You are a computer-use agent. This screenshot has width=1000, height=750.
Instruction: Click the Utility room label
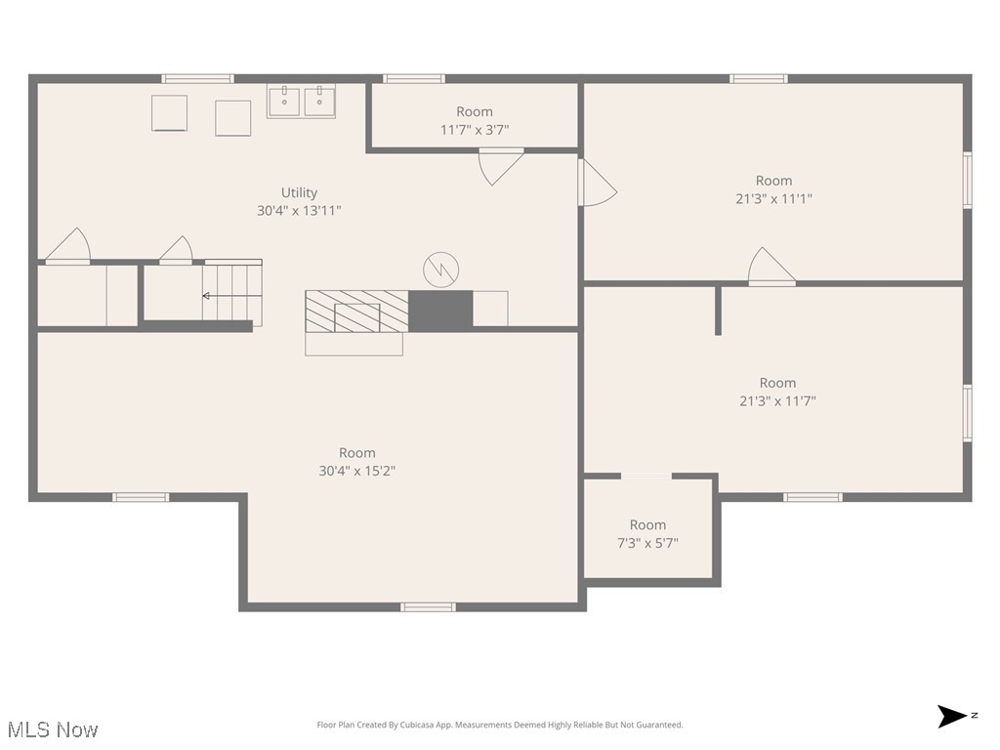299,192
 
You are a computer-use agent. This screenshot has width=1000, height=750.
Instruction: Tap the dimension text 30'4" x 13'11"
299,210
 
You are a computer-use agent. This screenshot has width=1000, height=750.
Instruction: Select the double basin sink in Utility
301,101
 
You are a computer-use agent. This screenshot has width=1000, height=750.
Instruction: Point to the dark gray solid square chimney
439,310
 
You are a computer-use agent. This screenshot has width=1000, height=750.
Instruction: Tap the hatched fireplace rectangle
355,312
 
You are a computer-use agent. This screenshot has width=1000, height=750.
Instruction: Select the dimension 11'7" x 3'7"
475,129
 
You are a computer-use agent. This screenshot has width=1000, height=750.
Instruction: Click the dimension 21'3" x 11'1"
773,198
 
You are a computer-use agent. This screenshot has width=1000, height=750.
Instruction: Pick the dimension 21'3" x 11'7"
777,400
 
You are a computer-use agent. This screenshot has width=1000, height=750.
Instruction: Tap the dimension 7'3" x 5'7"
647,542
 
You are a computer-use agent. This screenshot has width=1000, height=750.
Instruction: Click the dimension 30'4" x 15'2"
356,470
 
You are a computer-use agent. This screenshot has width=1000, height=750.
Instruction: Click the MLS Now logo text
52,729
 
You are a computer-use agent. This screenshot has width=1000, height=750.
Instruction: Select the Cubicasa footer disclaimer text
500,725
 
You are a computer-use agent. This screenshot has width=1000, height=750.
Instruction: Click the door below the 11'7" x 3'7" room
501,165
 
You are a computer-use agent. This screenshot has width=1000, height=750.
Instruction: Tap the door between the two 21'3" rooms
771,269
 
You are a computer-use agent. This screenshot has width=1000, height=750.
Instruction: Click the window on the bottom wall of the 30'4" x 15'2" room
428,606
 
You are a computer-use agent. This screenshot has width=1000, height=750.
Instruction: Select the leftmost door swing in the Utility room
68,247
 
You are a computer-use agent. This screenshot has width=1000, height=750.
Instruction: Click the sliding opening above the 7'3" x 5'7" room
646,477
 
